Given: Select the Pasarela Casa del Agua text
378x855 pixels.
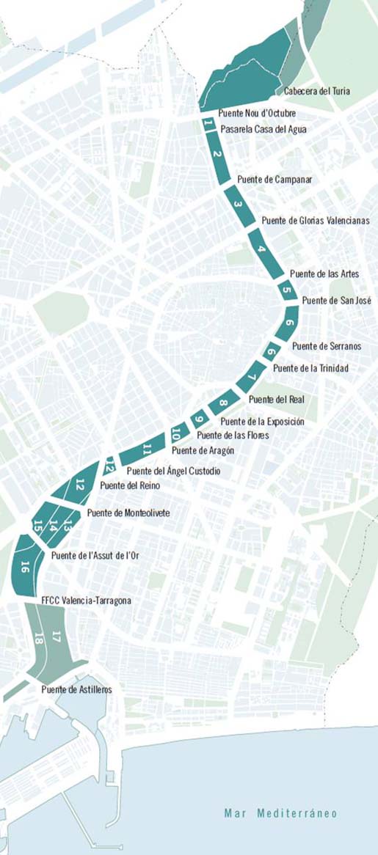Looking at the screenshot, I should [x=263, y=130].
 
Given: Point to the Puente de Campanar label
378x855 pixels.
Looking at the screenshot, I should [x=275, y=180].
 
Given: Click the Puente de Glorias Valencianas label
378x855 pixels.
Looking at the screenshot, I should [x=315, y=221].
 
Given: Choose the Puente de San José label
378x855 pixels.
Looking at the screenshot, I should [x=337, y=301].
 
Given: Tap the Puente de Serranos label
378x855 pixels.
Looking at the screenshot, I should [x=327, y=346].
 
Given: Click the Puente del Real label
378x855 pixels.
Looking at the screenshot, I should [x=276, y=400].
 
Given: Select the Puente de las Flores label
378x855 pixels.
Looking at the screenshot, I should [x=233, y=436].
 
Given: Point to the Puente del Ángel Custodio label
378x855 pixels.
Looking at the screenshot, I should [x=173, y=471].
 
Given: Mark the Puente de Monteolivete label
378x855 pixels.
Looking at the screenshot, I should [x=128, y=513].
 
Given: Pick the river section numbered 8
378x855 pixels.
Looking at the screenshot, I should [x=224, y=403].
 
